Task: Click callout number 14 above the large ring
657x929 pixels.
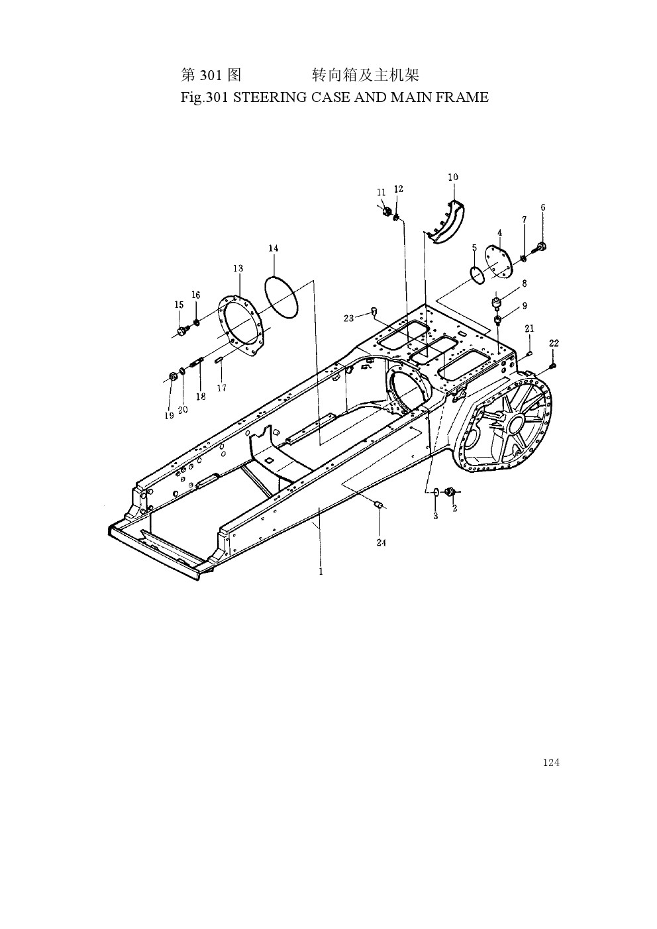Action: [273, 248]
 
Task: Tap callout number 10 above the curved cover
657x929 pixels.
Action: [453, 177]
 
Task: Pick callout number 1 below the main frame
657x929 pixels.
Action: [321, 571]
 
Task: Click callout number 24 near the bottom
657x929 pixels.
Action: [381, 542]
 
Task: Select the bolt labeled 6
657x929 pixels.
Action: [540, 248]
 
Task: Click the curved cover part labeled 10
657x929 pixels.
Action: [446, 224]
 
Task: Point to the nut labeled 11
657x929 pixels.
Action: [385, 211]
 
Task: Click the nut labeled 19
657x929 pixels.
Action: [173, 377]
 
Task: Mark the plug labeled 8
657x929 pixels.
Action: [495, 302]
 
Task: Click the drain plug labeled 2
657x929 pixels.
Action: [449, 492]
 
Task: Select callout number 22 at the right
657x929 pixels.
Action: [554, 344]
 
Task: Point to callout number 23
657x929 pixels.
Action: [348, 318]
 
